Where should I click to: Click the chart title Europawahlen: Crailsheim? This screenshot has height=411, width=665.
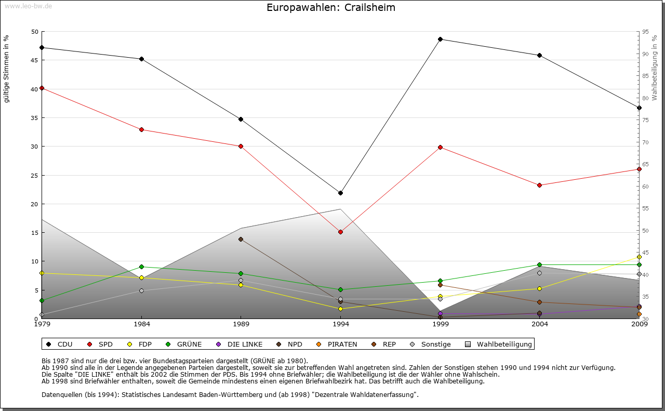(331, 8)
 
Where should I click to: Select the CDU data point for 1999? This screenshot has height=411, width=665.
(440, 39)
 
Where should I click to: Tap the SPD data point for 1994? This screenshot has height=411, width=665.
(340, 232)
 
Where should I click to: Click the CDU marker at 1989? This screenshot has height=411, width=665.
(241, 119)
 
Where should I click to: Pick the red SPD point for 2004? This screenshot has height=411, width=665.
(540, 185)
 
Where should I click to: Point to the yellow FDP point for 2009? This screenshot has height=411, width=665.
(639, 257)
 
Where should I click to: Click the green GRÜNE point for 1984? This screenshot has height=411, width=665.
(141, 267)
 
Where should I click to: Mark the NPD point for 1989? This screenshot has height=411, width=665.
(241, 239)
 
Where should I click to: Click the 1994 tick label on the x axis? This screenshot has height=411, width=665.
(341, 325)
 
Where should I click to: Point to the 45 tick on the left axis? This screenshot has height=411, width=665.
(35, 60)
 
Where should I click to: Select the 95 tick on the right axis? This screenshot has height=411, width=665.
(645, 32)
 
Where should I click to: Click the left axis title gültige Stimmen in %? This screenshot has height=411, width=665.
(7, 69)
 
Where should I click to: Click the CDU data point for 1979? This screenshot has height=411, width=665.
(42, 47)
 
